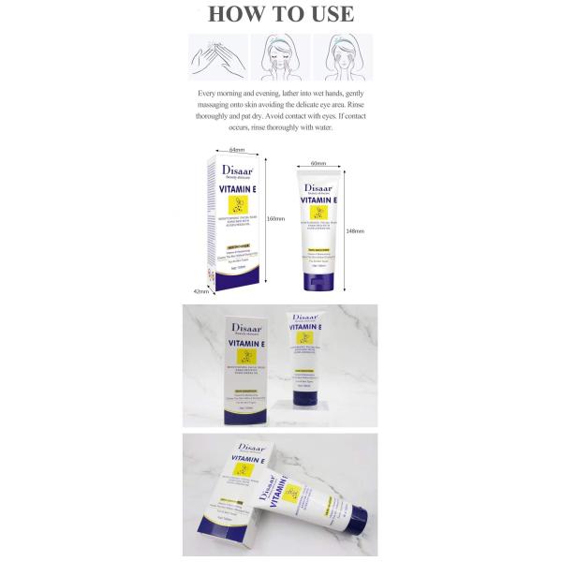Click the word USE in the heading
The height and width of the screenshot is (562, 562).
329,14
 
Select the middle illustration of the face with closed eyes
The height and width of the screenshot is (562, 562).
280,58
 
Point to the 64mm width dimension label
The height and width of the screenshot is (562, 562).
236,149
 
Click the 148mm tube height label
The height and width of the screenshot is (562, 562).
355,229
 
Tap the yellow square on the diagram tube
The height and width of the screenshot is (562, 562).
319,216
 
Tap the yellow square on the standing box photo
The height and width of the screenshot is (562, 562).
247,359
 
